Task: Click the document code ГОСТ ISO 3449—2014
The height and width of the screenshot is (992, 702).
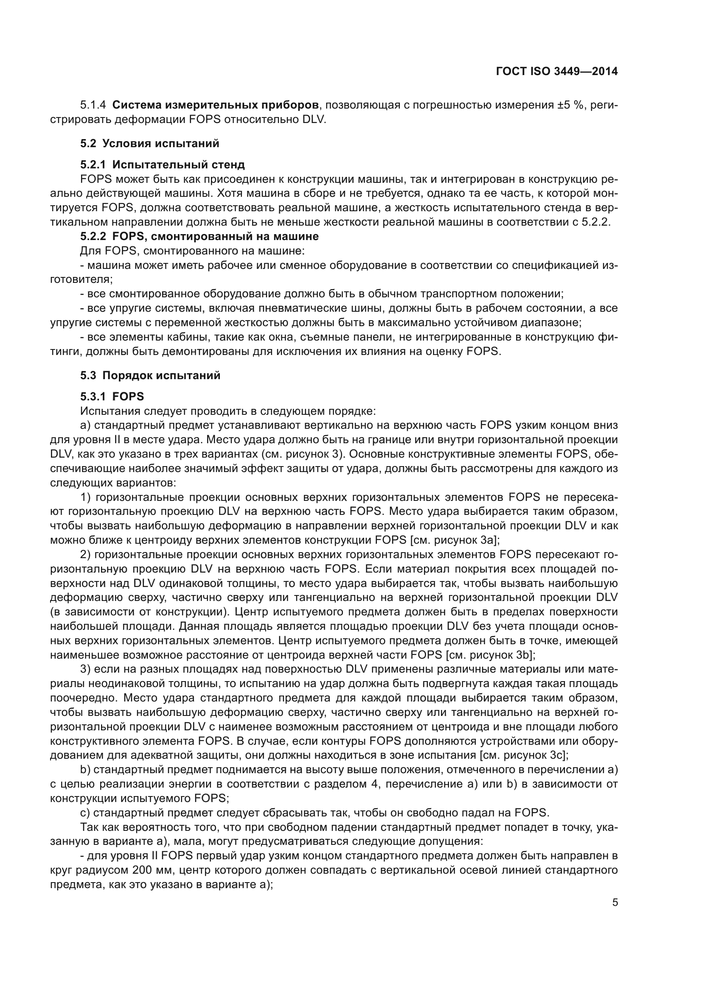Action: (x=557, y=72)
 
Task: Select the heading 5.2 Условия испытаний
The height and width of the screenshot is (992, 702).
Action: (x=149, y=143)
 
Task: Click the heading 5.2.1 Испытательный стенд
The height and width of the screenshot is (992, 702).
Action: (x=162, y=165)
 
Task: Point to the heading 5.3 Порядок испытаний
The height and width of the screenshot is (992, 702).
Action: (x=150, y=375)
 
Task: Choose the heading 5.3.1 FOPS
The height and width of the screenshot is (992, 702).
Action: (x=112, y=397)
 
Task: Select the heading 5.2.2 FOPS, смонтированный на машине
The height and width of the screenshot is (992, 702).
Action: (x=199, y=236)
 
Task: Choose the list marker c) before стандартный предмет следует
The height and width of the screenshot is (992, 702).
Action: (x=85, y=813)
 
